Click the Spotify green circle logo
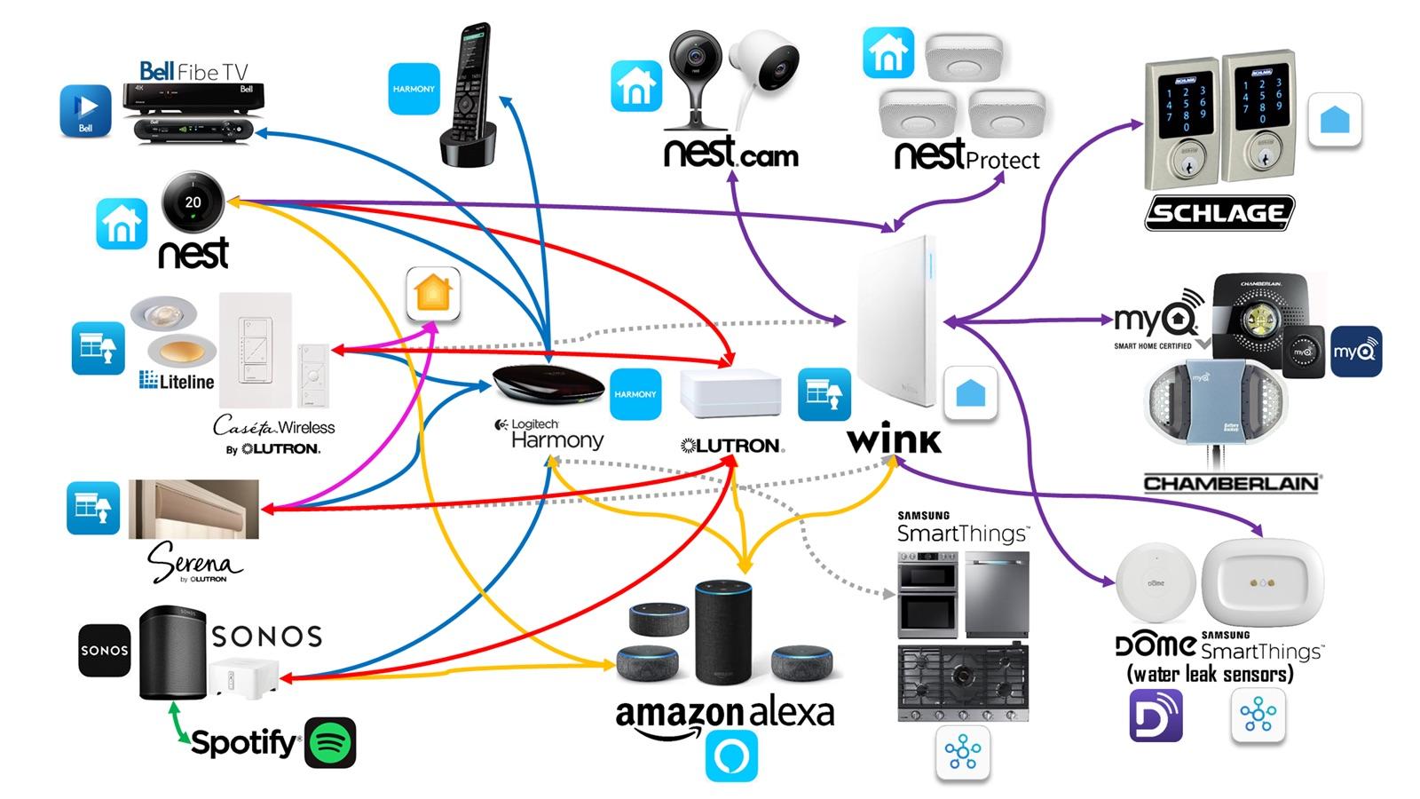tap(330, 743)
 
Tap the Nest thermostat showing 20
tap(193, 202)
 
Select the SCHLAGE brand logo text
tap(1218, 213)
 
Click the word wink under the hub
tap(894, 439)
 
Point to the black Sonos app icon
tap(105, 650)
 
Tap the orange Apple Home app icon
tap(433, 294)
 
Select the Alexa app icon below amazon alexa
tap(732, 755)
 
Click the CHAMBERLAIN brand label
tap(1231, 484)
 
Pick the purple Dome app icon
tap(1156, 716)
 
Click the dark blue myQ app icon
tap(1355, 352)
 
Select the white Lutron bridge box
tap(730, 392)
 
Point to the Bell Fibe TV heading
tap(193, 71)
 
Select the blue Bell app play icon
tap(85, 110)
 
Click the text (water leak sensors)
tap(1210, 675)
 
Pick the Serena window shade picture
tap(193, 510)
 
